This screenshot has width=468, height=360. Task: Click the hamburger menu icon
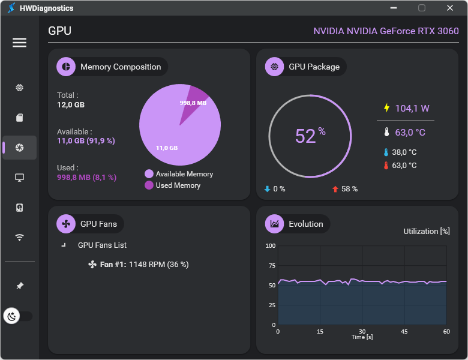point(19,43)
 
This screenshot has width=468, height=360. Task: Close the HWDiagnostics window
point(450,8)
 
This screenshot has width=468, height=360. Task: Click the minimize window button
point(393,8)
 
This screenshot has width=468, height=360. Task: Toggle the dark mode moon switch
point(18,316)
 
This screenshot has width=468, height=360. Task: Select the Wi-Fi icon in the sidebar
point(19,237)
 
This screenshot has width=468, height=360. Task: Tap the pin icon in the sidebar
point(19,286)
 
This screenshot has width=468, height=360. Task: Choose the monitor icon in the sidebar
point(19,178)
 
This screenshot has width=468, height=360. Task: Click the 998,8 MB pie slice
point(196,99)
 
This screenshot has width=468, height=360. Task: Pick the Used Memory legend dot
point(149,185)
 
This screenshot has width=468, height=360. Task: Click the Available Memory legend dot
point(149,174)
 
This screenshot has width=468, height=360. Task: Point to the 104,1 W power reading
point(412,109)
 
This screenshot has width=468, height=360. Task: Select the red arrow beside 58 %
point(335,189)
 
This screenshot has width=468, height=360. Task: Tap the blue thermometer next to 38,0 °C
point(386,152)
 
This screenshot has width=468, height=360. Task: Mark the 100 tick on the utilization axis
point(270,246)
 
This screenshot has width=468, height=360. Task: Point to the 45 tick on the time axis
point(404,331)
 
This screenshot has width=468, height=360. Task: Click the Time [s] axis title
point(362,337)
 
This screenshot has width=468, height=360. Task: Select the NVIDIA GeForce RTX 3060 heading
point(386,31)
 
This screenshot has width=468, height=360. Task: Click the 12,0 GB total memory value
point(71,104)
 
